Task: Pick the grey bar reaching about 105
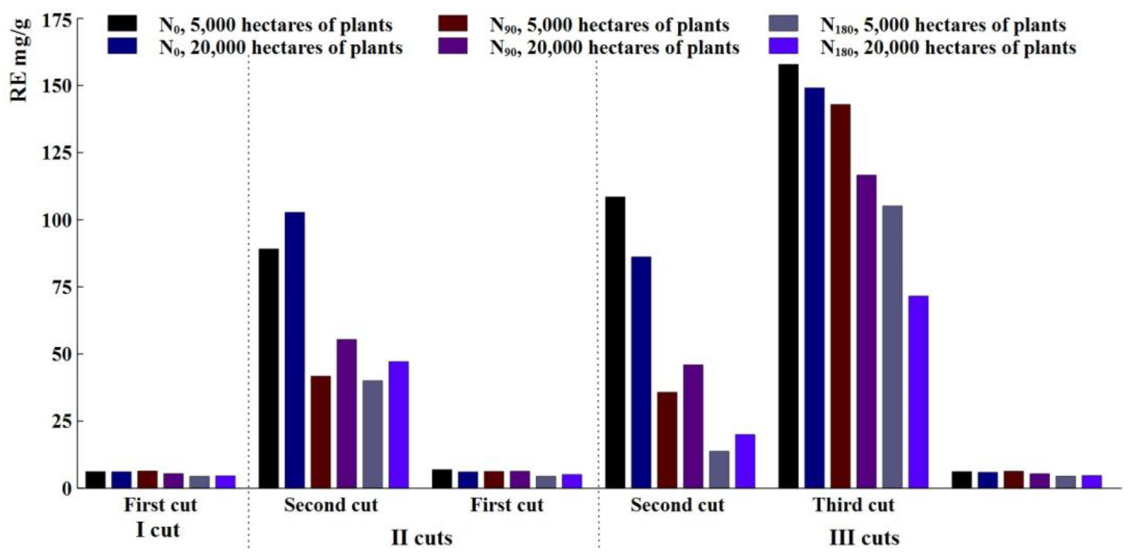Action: [892, 347]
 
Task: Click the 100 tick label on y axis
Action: [55, 220]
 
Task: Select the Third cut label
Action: [853, 505]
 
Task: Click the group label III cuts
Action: [864, 538]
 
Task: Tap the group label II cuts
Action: [421, 538]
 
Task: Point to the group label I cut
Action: [158, 530]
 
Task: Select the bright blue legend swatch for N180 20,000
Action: [784, 46]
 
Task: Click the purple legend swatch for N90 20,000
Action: [453, 46]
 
